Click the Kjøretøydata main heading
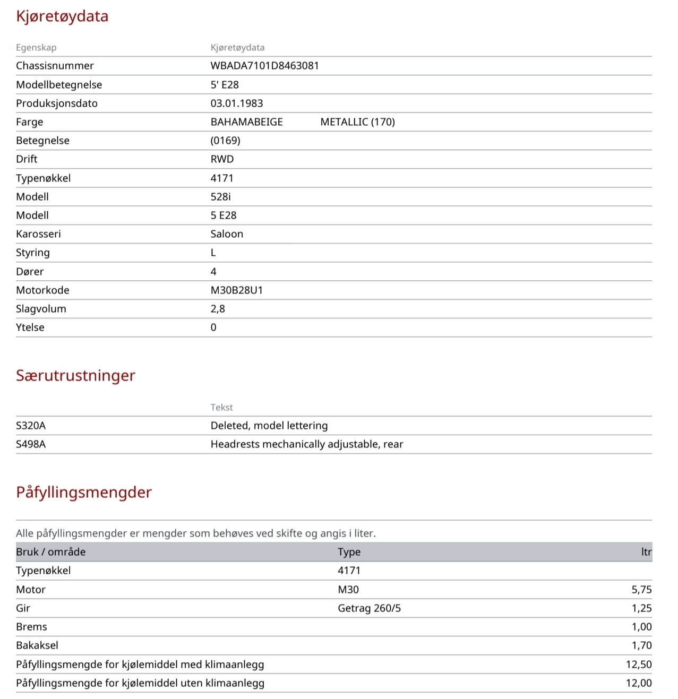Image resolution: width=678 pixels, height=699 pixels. [x=62, y=16]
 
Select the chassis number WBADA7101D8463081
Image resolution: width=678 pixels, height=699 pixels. [x=264, y=66]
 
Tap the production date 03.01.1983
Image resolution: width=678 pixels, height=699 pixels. [x=237, y=103]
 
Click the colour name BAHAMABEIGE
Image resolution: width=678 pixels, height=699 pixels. [x=246, y=122]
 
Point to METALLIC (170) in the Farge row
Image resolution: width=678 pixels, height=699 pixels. [x=357, y=122]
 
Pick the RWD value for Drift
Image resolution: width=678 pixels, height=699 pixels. [x=222, y=159]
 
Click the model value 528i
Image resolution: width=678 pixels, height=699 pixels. [x=220, y=197]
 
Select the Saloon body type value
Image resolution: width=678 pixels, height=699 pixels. [x=227, y=234]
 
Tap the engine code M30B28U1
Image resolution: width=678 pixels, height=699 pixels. [x=237, y=290]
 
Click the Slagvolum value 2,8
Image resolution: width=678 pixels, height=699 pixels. [x=218, y=309]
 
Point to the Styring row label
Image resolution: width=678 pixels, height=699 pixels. [x=33, y=253]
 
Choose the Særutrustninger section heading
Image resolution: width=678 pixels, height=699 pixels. [x=75, y=376]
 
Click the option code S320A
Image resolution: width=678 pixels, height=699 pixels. [x=31, y=426]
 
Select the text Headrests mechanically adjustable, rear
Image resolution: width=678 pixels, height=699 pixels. [x=307, y=444]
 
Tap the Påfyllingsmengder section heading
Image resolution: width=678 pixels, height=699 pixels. [x=84, y=493]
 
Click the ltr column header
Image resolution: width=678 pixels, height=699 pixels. [x=646, y=552]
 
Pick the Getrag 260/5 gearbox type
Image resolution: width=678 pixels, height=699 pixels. [x=369, y=608]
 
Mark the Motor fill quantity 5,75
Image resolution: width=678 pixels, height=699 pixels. [x=641, y=590]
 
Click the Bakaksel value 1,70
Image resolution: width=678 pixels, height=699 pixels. [x=641, y=645]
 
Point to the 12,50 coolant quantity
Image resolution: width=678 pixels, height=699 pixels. [x=639, y=665]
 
